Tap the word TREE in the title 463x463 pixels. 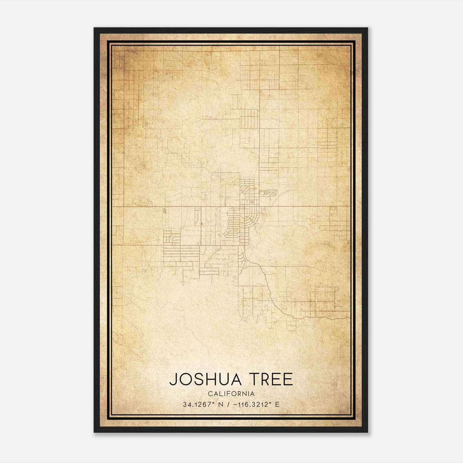coord(271,379)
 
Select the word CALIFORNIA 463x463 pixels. coord(231,394)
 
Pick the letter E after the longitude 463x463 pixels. coord(277,405)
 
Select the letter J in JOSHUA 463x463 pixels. coord(173,379)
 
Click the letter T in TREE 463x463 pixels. coord(255,379)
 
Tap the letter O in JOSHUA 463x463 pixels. coord(185,379)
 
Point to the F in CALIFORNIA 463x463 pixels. coord(229,394)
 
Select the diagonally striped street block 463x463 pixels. coord(245,191)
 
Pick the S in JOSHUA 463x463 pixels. coord(198,379)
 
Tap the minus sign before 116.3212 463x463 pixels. coord(235,405)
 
